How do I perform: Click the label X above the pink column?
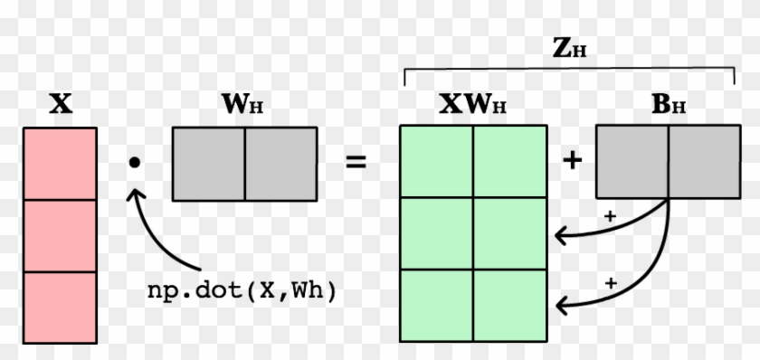(x=60, y=105)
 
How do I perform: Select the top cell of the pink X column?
(x=59, y=163)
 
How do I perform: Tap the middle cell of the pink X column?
(x=59, y=235)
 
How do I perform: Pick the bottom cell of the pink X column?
(x=59, y=306)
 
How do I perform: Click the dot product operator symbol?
(x=135, y=163)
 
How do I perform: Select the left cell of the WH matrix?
(x=208, y=163)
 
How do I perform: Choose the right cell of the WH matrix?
(x=280, y=163)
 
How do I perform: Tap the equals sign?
(x=356, y=163)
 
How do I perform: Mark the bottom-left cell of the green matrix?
(x=436, y=306)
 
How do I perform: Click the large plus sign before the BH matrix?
(x=572, y=161)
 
